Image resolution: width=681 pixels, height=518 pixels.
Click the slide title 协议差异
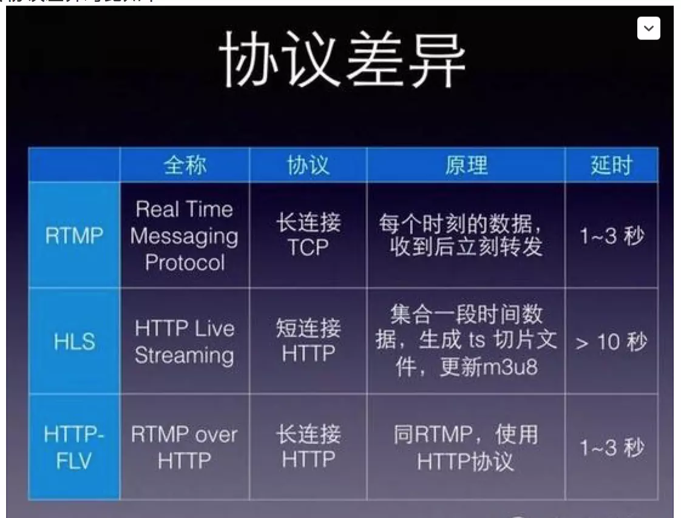coord(342,60)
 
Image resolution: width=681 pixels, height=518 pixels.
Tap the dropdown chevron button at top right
coord(648,29)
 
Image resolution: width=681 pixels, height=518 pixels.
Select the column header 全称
coord(185,166)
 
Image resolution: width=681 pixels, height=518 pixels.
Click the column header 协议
coord(308,166)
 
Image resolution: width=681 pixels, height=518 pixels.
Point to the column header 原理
coord(466,166)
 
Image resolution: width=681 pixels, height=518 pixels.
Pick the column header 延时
coord(611,166)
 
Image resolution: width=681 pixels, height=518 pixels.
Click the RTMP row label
coord(75,236)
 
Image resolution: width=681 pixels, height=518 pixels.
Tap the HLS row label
coord(75,342)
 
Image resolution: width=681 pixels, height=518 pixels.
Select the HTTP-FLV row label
coord(75,448)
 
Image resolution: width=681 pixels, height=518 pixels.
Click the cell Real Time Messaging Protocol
coord(185,236)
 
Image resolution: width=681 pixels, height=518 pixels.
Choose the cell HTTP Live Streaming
coord(185,342)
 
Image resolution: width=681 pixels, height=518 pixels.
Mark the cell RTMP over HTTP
coord(185,448)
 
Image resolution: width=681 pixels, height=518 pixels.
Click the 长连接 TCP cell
coord(308,236)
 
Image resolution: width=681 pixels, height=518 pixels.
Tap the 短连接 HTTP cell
coord(308,342)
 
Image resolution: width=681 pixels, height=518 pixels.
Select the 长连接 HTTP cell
coord(308,448)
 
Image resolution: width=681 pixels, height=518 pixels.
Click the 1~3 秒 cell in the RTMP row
coord(611,236)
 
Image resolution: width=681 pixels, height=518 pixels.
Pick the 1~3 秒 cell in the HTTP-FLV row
coord(611,448)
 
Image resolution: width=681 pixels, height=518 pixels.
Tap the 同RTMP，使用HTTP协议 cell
coord(466,448)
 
